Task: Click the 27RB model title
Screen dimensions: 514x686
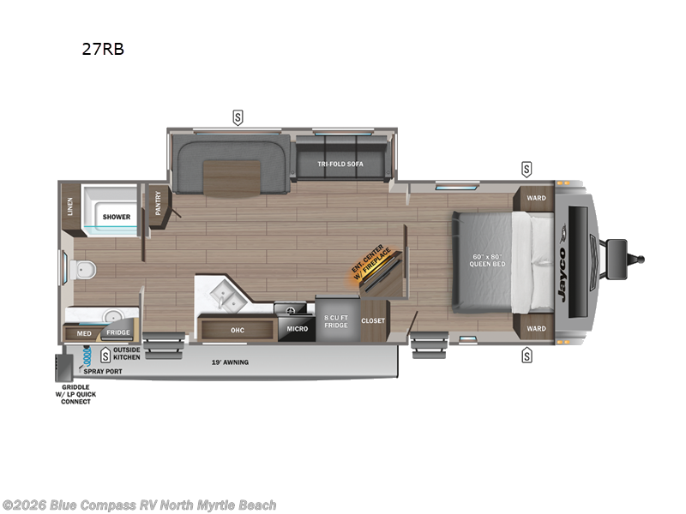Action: point(103,49)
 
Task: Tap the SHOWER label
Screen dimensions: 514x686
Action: point(117,217)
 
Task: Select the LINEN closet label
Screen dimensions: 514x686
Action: point(69,206)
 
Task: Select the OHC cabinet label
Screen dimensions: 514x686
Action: point(238,328)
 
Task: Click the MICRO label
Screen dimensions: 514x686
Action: point(297,329)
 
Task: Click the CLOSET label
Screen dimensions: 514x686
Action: point(373,320)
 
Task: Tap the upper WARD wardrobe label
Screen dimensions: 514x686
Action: point(536,199)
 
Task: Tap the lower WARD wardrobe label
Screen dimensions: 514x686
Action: point(536,328)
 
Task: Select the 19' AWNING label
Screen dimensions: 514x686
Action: point(230,362)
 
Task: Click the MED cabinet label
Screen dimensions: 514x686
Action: point(84,332)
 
